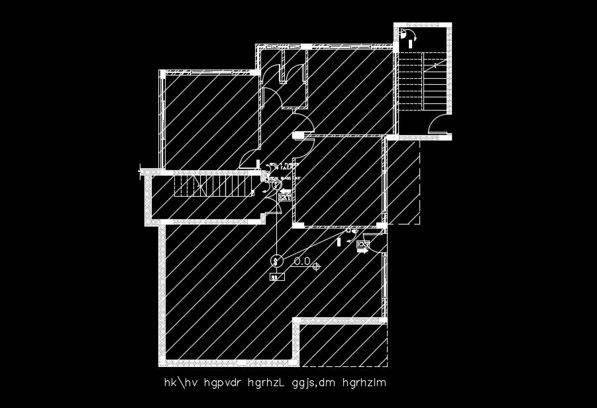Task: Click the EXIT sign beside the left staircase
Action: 286,197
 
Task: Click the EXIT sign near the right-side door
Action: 362,245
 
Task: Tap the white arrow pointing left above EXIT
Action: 285,190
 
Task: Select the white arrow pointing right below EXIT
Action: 362,252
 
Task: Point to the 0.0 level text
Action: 302,262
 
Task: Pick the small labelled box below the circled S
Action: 276,278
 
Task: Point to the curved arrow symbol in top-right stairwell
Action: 411,36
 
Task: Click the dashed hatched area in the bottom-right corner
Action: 344,345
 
